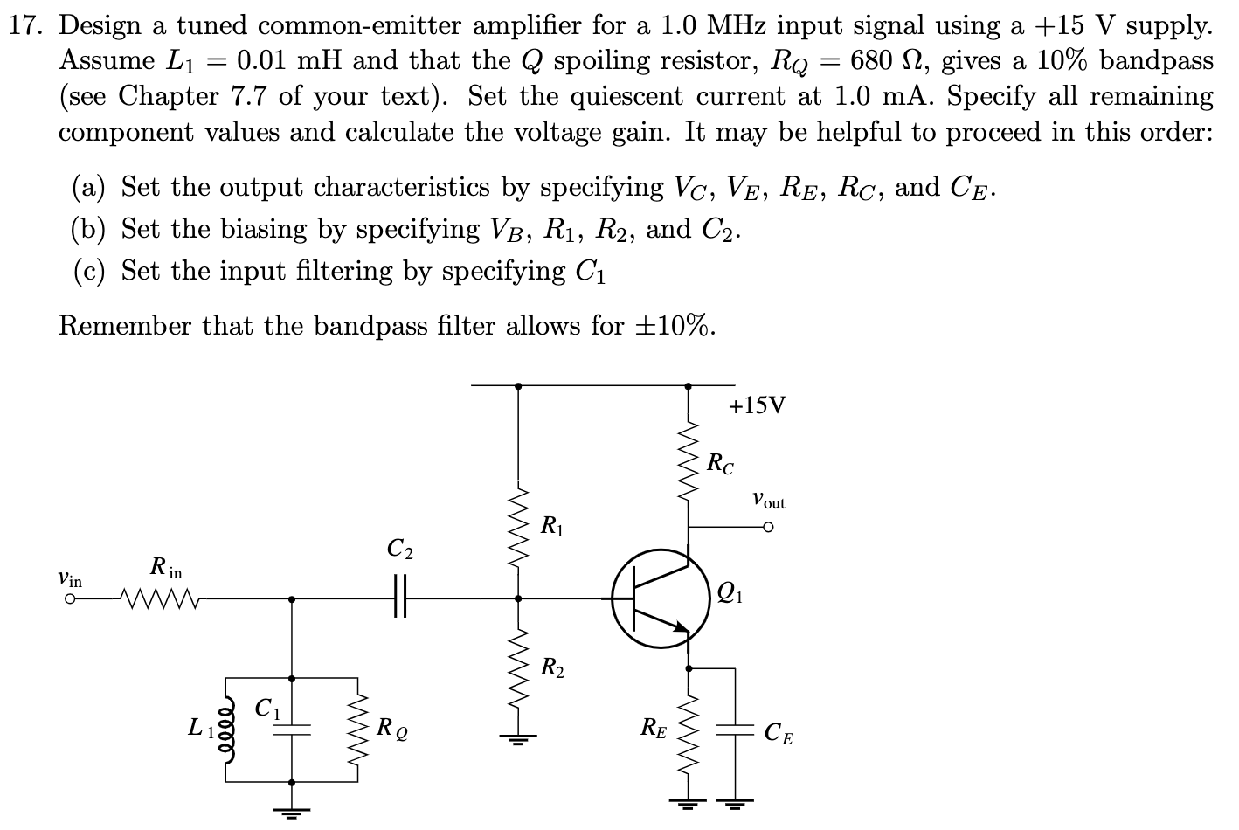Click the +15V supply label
click(x=757, y=405)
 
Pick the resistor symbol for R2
click(x=518, y=668)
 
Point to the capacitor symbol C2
click(x=400, y=598)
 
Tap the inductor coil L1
click(x=229, y=730)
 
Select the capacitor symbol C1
click(x=291, y=730)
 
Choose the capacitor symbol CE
click(x=734, y=730)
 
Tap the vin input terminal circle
click(x=68, y=599)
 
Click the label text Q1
click(x=727, y=593)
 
